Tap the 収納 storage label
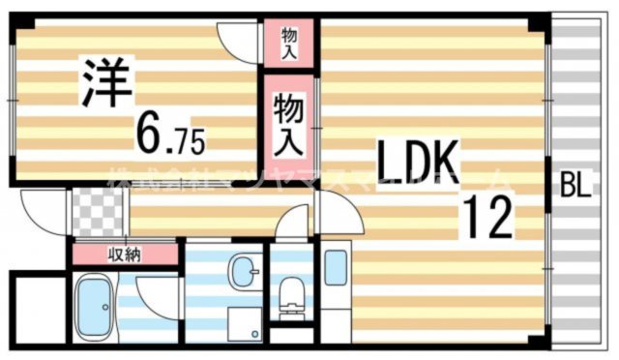pyautogui.click(x=123, y=255)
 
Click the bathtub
pyautogui.click(x=96, y=307)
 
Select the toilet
pyautogui.click(x=289, y=295)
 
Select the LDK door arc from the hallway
pyautogui.click(x=335, y=207)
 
